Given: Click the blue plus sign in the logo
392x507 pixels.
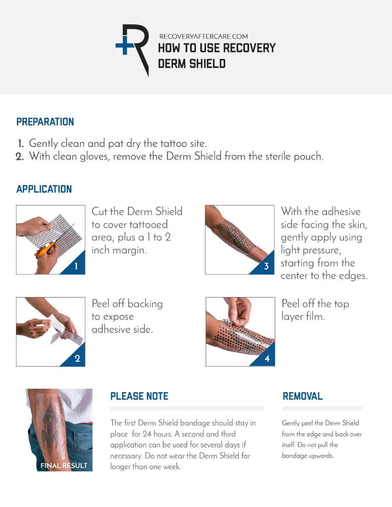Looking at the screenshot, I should pyautogui.click(x=125, y=46).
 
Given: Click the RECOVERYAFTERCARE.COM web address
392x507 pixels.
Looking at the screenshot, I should pyautogui.click(x=203, y=37).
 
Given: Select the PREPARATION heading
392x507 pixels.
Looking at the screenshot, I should pyautogui.click(x=45, y=122).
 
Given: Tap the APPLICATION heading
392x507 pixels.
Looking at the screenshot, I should pyautogui.click(x=44, y=189).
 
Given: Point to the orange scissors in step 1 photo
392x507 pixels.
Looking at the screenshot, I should pyautogui.click(x=46, y=250).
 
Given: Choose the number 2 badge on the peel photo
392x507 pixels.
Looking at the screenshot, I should pyautogui.click(x=77, y=359).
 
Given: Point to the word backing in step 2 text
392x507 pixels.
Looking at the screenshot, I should pyautogui.click(x=145, y=304).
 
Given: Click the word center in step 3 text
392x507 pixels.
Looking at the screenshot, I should pyautogui.click(x=297, y=276).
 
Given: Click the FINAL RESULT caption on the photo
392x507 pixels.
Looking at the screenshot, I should pyautogui.click(x=64, y=466).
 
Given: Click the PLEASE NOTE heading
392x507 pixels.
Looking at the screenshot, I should pyautogui.click(x=139, y=396).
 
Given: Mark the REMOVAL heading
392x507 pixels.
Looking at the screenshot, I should pyautogui.click(x=302, y=396).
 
